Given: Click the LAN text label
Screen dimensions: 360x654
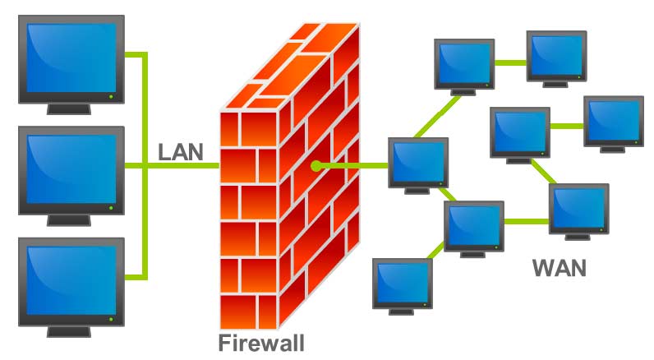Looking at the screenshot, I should (181, 152).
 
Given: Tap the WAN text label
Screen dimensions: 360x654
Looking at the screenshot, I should (560, 268).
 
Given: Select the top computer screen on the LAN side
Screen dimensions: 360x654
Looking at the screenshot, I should (71, 58).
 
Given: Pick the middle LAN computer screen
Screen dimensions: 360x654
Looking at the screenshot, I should (71, 168).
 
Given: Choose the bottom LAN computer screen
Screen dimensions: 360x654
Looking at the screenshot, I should (71, 279).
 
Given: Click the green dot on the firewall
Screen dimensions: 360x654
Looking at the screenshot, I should (315, 166).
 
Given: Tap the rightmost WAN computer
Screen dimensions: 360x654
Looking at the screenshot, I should (613, 122).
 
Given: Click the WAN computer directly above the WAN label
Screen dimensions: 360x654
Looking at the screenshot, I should (578, 210).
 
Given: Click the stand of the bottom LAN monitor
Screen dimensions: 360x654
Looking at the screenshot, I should (71, 331).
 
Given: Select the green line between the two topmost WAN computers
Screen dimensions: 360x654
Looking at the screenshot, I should (510, 61).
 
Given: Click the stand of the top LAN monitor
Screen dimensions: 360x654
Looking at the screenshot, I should (71, 108).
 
